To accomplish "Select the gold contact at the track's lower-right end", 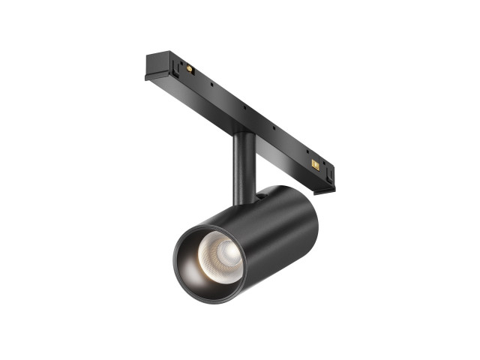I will (315, 163).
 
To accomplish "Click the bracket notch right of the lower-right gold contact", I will (326, 169).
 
